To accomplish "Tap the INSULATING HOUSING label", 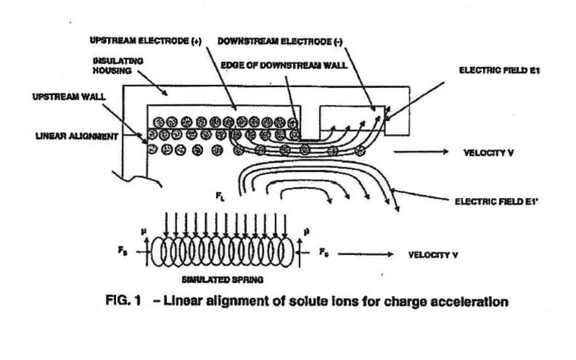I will tap(118, 66).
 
